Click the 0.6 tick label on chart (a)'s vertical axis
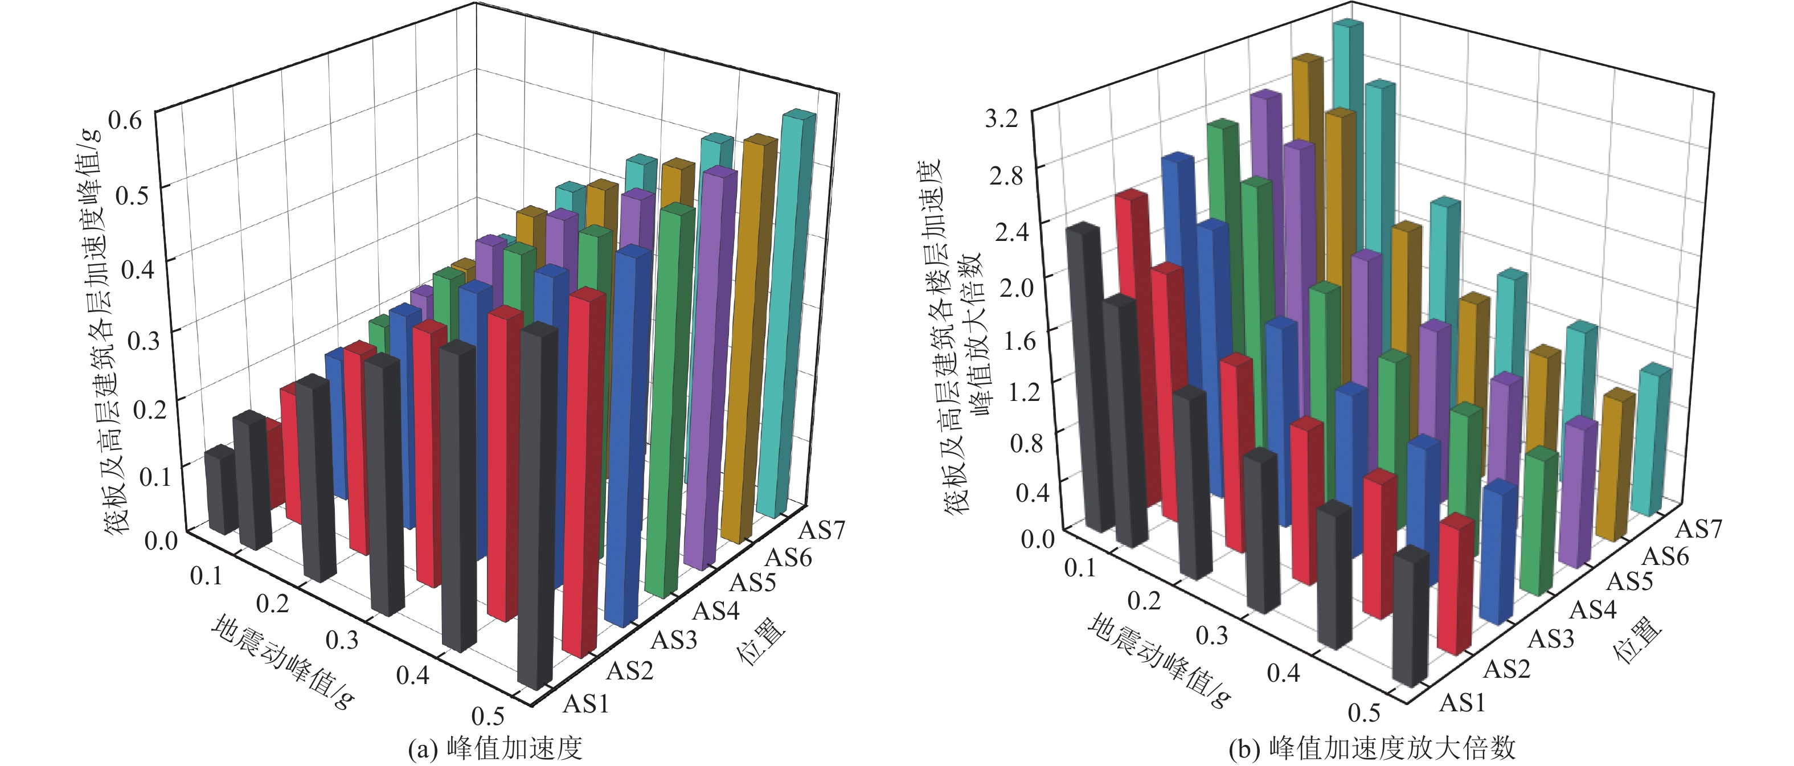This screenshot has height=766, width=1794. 125,120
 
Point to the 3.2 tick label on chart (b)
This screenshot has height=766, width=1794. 1001,118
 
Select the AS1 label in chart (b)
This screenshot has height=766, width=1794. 1462,703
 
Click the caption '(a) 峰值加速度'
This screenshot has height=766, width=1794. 494,748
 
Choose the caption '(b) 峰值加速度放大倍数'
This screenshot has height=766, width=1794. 1372,748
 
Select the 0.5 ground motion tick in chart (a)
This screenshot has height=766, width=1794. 488,715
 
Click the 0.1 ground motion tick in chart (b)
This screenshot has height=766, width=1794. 1080,568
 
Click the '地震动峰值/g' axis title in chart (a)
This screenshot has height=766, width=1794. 282,662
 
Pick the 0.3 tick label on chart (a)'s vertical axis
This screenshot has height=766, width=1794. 144,338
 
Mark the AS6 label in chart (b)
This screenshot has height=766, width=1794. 1665,556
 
